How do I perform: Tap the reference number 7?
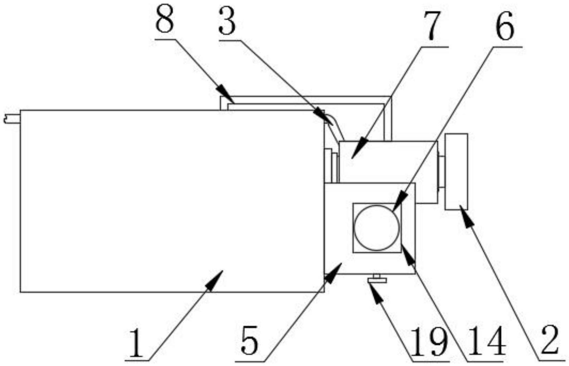click(x=431, y=26)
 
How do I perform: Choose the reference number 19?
click(x=430, y=342)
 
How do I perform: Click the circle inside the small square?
click(x=377, y=228)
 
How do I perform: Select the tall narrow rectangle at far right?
click(x=456, y=171)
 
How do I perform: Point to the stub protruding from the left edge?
click(x=12, y=119)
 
